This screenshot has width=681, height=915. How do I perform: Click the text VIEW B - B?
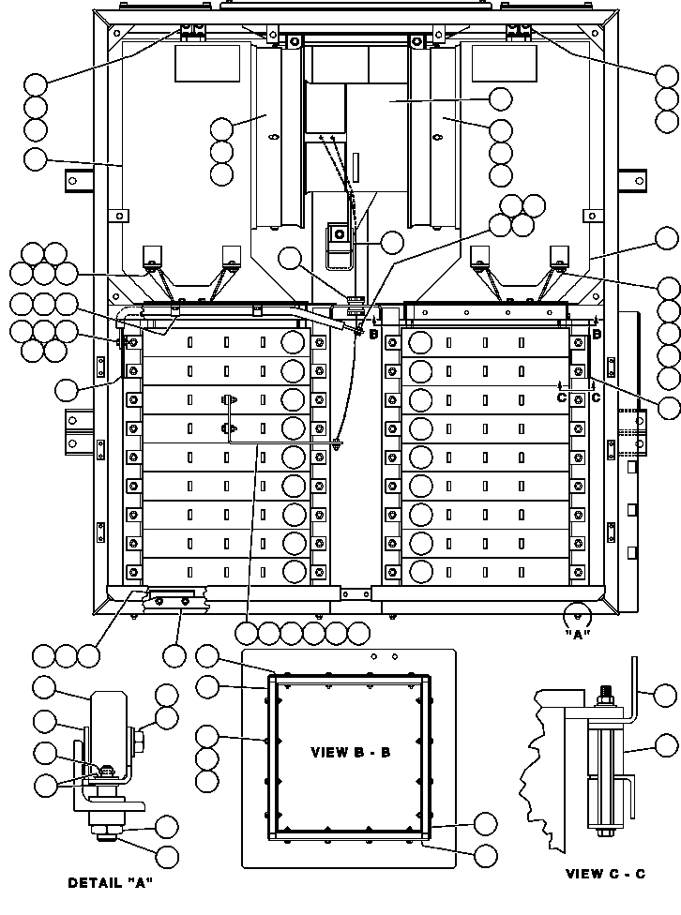point(351,752)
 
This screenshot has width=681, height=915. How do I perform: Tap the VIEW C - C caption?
point(606,874)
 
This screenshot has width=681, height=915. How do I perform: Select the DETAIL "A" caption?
point(111,883)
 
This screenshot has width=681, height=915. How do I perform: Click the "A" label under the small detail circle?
point(578,635)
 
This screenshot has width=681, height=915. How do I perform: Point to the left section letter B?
point(373,335)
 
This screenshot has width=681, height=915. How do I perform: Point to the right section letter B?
point(597,335)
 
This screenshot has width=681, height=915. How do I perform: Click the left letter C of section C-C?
point(562,398)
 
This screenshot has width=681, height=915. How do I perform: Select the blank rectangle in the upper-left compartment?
point(207,64)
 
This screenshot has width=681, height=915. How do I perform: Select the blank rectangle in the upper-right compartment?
point(504,64)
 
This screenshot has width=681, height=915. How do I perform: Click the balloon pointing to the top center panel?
point(500,99)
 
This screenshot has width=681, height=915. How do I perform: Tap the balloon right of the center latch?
point(391,242)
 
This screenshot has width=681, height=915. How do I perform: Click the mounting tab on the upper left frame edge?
point(79,180)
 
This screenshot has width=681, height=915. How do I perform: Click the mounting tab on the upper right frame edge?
point(632,180)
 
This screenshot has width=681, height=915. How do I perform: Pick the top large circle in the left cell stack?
point(293,342)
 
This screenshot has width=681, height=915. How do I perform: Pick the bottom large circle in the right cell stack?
point(420,572)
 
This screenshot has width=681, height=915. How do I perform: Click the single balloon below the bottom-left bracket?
point(174,656)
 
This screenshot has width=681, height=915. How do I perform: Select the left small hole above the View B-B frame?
point(373,657)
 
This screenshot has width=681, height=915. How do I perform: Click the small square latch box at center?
point(339,234)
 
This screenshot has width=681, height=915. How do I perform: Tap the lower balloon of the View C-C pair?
point(666,745)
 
